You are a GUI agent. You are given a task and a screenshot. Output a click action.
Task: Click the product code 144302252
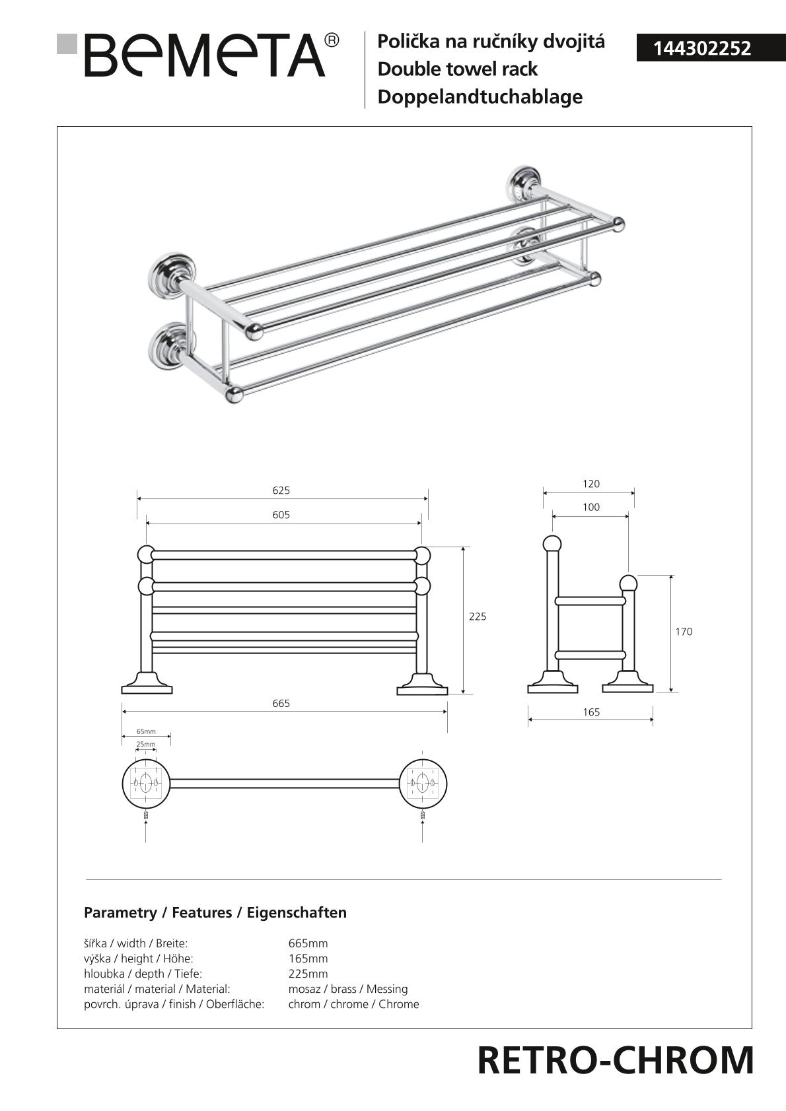701,49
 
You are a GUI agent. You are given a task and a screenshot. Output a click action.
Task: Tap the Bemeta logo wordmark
205,55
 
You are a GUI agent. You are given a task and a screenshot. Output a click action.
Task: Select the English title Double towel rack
458,69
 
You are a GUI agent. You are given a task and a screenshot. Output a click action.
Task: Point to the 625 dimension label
281,490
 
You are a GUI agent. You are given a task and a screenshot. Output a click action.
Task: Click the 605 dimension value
281,515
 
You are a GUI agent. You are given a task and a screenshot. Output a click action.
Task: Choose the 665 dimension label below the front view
281,703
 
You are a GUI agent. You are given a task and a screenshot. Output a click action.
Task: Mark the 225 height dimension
478,617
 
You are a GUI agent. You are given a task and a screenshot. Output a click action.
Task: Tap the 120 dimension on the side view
591,484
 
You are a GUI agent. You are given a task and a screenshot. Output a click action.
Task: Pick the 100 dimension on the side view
591,507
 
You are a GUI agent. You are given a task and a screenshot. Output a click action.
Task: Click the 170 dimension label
683,631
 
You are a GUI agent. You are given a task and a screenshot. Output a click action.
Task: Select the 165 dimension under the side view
591,712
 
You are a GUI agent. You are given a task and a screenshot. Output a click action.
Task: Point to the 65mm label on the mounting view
146,731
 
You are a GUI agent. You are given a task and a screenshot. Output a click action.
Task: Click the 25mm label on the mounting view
146,744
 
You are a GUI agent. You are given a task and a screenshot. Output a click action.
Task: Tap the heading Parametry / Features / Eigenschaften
215,912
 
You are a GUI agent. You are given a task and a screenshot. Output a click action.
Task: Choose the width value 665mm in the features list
308,943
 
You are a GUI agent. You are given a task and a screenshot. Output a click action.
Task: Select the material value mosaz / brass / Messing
348,988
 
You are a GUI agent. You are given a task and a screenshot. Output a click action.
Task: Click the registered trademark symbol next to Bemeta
332,41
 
